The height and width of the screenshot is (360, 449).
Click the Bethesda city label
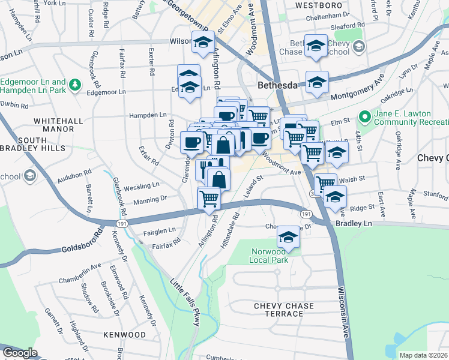[x=278, y=86]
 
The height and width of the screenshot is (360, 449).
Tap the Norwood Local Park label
[x=269, y=256]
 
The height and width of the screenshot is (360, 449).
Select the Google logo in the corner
[x=19, y=353]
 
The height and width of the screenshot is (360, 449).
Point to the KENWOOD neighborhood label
[x=124, y=334]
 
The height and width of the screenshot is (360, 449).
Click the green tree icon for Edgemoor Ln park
[x=75, y=85]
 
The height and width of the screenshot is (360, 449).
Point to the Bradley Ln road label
[x=354, y=223]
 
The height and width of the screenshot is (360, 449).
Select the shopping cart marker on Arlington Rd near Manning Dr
[x=208, y=197]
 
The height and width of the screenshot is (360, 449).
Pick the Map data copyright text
[x=423, y=355]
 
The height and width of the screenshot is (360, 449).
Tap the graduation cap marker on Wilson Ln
[x=203, y=43]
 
